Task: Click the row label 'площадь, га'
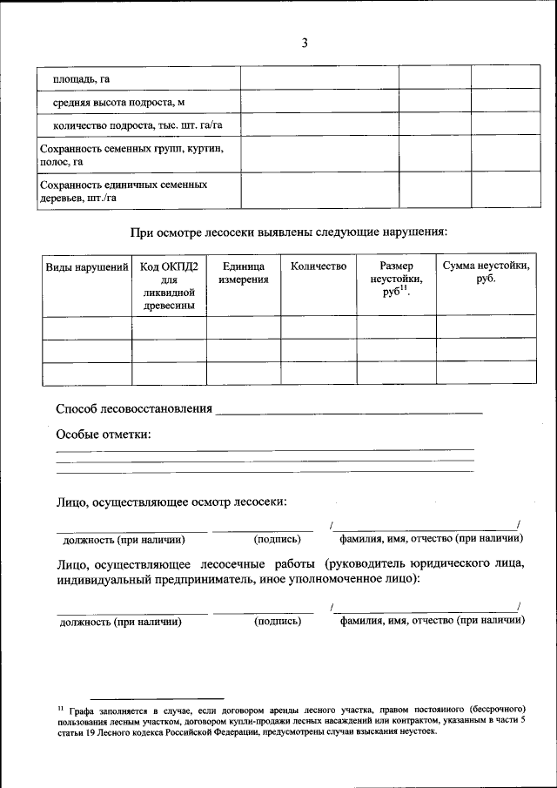(81, 79)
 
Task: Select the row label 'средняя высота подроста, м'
(119, 102)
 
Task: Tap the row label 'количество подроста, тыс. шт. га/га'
(138, 125)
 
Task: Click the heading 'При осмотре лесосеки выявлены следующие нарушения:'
(290, 232)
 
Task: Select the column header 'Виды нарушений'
(87, 266)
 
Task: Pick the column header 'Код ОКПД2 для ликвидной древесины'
(170, 286)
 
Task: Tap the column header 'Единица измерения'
(244, 273)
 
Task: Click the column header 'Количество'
(319, 266)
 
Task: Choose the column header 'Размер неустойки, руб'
(396, 280)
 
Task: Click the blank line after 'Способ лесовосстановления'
(348, 410)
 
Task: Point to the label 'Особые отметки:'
(104, 434)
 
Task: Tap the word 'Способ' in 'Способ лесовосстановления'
(77, 408)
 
